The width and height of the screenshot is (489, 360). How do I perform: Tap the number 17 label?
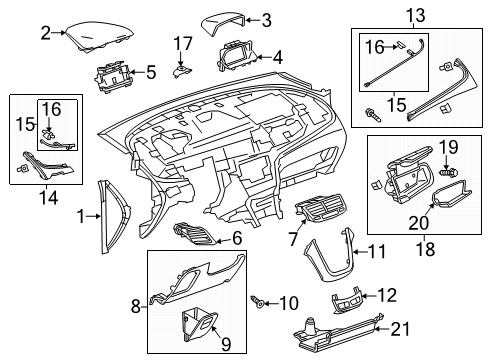[181, 43]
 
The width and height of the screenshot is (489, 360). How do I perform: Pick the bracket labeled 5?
[117, 74]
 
